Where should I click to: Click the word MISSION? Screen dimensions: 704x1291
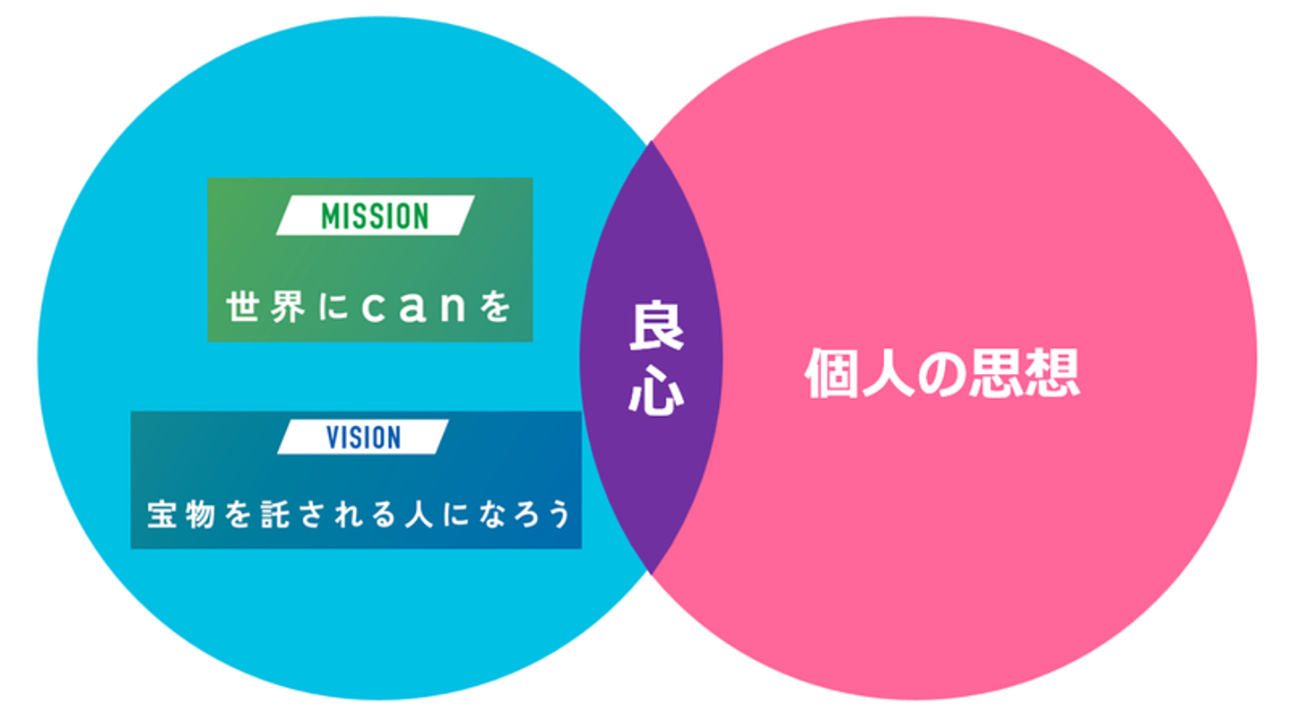(375, 216)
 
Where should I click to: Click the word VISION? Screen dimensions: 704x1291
(363, 437)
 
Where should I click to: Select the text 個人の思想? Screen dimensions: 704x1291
(941, 373)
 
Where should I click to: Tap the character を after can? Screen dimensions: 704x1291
(495, 308)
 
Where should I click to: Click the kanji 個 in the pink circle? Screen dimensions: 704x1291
(832, 373)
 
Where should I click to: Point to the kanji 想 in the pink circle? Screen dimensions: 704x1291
(1052, 373)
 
